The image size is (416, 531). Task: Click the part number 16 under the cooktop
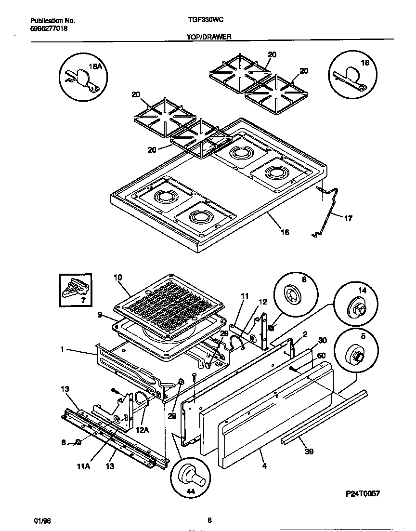click(285, 232)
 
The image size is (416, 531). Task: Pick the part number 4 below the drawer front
click(264, 466)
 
